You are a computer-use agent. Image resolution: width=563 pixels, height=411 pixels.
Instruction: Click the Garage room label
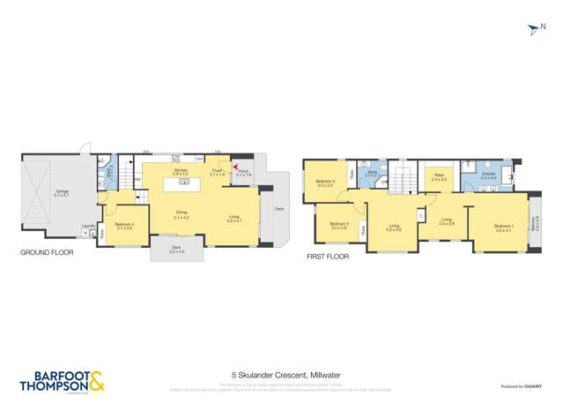pyautogui.click(x=60, y=192)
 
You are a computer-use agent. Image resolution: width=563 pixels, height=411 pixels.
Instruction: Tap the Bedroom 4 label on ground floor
pyautogui.click(x=124, y=225)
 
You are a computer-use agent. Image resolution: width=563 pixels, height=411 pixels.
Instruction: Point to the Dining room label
pyautogui.click(x=181, y=213)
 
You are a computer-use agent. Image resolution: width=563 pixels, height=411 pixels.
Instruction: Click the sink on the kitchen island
pyautogui.click(x=186, y=182)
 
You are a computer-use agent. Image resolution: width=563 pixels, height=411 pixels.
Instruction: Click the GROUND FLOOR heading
pyautogui.click(x=47, y=252)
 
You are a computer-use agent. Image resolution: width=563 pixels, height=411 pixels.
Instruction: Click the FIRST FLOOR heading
pyautogui.click(x=328, y=257)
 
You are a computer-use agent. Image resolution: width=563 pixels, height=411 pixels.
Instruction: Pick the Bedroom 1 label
pyautogui.click(x=503, y=228)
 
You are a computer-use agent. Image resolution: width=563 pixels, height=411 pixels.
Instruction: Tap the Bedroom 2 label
pyautogui.click(x=325, y=183)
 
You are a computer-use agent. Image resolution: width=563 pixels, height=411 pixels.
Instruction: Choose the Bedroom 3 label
pyautogui.click(x=340, y=225)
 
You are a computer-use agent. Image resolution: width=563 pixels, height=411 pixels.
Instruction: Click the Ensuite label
pyautogui.click(x=488, y=176)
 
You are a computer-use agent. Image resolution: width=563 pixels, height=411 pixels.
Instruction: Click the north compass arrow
pyautogui.click(x=533, y=30)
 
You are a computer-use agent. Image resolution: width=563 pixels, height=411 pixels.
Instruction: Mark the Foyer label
pyautogui.click(x=216, y=173)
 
